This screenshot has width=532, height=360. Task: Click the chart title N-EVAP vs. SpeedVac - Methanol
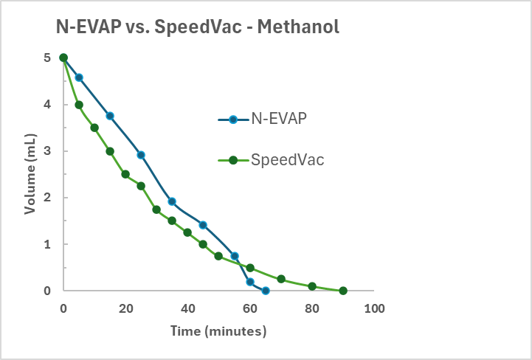(198, 27)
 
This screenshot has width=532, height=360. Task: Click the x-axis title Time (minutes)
(218, 331)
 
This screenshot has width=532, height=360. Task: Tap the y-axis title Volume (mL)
(30, 174)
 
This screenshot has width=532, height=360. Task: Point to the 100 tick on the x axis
(374, 308)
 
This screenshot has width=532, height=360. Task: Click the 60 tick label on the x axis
(250, 308)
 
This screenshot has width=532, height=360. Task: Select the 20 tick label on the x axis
(125, 308)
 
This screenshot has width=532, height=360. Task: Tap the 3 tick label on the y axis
(47, 151)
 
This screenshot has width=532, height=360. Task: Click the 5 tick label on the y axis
(47, 58)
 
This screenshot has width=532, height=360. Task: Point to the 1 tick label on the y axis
(47, 244)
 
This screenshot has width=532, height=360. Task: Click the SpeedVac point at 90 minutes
(343, 291)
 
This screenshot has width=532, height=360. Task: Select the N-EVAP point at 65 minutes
(266, 291)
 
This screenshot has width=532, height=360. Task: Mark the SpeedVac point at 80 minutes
(312, 286)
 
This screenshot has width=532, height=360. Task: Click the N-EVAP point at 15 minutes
(110, 116)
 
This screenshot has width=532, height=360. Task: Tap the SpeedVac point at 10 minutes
(94, 128)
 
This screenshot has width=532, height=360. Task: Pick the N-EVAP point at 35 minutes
(172, 201)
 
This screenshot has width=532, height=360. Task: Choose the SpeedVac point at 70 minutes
(281, 279)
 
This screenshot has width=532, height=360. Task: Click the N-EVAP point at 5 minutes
(79, 77)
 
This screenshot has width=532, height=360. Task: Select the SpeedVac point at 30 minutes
(156, 210)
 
